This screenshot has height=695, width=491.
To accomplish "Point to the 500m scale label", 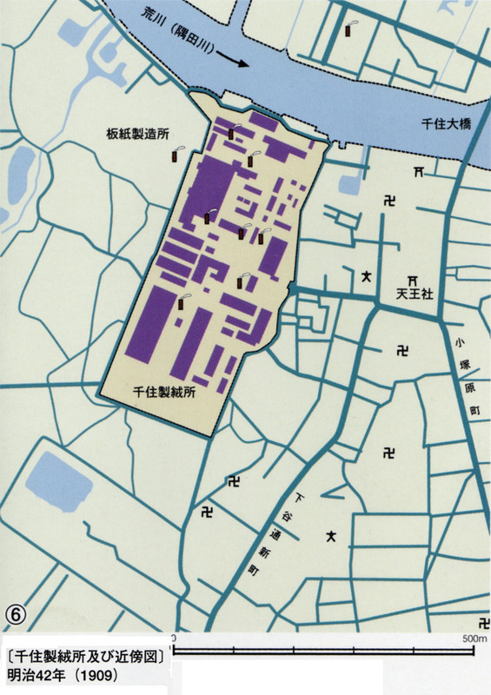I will [x=474, y=639].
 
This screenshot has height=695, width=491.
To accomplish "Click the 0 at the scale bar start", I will [x=174, y=639].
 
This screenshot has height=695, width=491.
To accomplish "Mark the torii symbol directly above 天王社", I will [x=412, y=278].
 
